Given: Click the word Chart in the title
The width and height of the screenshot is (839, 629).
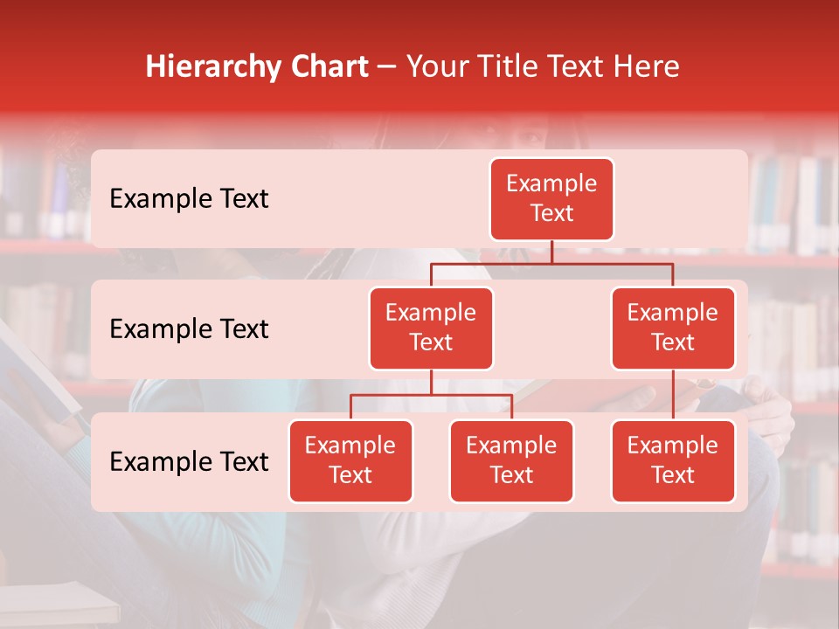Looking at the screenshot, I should click(329, 66).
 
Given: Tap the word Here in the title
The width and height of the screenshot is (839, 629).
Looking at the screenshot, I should click(646, 66).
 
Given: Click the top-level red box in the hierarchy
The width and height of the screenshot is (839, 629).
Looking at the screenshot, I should click(551, 199).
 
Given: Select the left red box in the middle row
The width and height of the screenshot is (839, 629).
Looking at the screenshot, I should click(431, 328).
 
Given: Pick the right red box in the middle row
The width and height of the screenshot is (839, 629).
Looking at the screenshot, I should click(673, 328).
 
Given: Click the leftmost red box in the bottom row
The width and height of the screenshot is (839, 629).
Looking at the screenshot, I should click(350, 461).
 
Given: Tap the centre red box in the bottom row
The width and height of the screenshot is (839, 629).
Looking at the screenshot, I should click(511, 461).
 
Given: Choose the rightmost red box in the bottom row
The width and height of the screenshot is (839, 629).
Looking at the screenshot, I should click(673, 461).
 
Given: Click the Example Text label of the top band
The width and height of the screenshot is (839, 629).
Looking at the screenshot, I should click(189, 199).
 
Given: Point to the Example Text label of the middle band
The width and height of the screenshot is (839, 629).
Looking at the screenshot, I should click(189, 329).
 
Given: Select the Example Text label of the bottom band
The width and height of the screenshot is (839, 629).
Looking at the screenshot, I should click(189, 462).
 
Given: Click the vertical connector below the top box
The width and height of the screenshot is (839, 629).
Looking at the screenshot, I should click(551, 252).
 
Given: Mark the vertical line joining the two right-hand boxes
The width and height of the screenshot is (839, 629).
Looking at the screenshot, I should click(673, 395).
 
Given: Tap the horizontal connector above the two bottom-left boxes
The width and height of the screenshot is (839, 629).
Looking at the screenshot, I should click(431, 395).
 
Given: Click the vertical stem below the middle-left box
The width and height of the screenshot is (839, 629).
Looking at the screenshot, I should click(431, 382).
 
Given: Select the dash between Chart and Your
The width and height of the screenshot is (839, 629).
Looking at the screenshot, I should click(387, 68).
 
